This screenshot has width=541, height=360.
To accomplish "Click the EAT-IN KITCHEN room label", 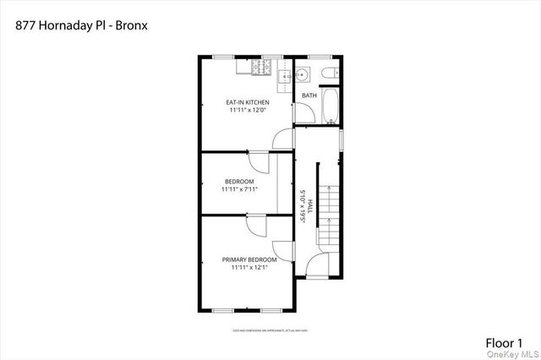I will coord(247,102).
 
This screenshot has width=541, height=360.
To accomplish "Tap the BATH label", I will coord(309,95).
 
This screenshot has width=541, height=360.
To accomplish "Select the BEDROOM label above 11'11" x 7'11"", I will coord(238,182).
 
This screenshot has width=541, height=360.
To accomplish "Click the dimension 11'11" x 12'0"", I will coord(247,111).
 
